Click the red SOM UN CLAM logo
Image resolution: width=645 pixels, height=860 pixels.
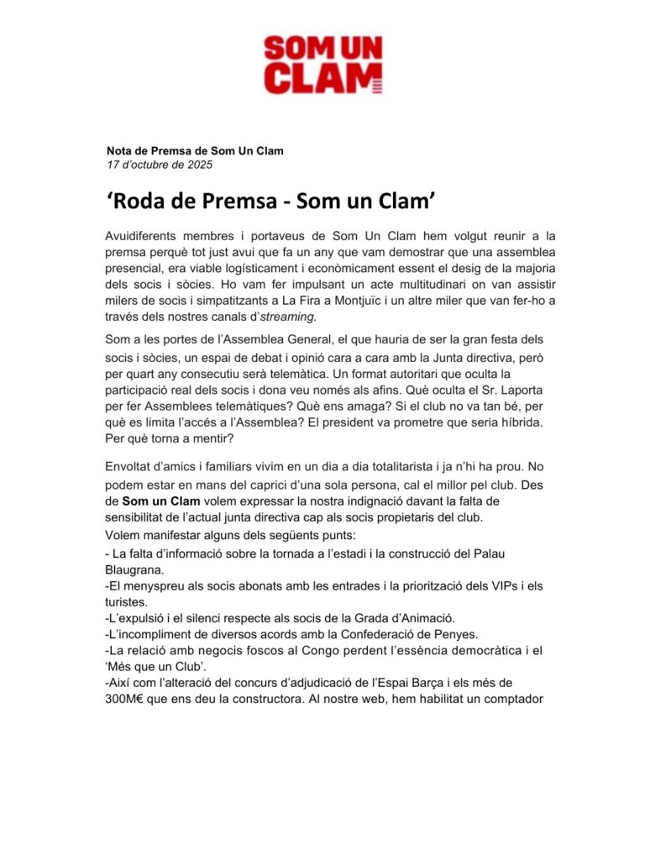pyautogui.click(x=323, y=64)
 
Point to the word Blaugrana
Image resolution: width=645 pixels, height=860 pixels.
pyautogui.click(x=134, y=568)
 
